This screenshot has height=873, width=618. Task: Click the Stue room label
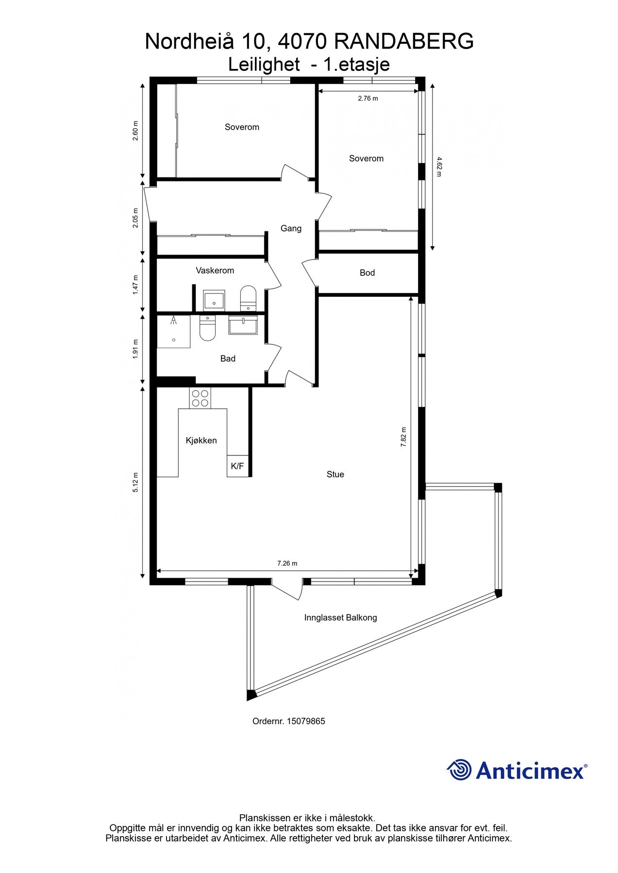(335, 474)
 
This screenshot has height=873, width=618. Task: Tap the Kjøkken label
(201, 440)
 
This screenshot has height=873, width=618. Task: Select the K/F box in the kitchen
(237, 466)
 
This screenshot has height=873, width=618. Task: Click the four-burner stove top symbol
(200, 398)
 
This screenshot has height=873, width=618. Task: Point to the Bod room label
(367, 273)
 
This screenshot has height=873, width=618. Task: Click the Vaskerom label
(215, 270)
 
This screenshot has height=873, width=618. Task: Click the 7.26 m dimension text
(287, 563)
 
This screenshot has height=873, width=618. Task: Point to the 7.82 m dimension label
(403, 436)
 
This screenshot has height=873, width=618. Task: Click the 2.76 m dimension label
(367, 98)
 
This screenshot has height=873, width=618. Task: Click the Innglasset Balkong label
(340, 617)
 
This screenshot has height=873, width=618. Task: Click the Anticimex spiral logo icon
(459, 770)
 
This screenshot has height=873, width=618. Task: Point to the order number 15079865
(306, 721)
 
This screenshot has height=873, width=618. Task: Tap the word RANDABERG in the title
(404, 42)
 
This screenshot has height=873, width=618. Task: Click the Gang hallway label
(291, 228)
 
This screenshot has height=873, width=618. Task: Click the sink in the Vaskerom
(214, 300)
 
